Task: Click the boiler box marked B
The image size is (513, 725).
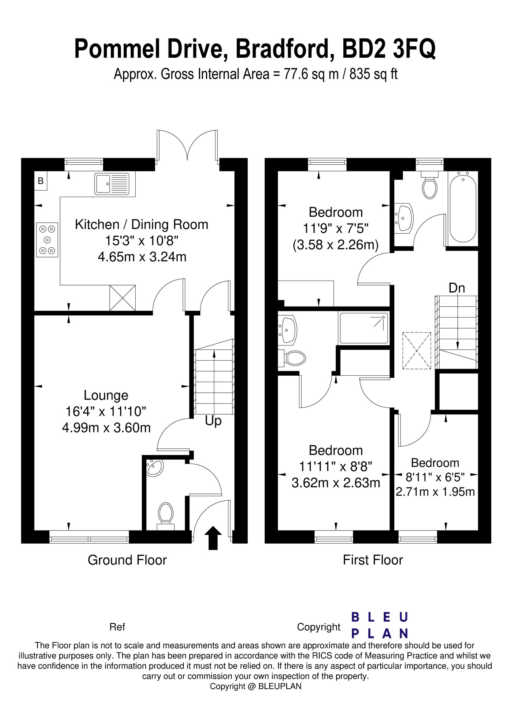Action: pos(41,181)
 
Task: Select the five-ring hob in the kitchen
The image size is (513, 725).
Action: pos(47,240)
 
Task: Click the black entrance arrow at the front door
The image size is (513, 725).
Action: pos(213,538)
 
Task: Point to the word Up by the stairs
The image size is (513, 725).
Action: pos(213,421)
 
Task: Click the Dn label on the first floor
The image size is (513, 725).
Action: pos(457,288)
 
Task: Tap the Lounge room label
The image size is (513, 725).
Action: pos(106,395)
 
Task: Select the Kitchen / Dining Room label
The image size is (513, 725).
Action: pos(142,225)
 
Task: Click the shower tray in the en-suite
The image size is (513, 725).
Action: pos(364,328)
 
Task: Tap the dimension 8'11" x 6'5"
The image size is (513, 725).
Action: pos(435,478)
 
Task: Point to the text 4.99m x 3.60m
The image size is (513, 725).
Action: pos(106,428)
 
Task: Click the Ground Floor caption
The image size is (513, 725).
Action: pos(127,560)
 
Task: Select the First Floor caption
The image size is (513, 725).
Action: pos(373,560)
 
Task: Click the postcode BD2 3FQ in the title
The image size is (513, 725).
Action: pos(389,49)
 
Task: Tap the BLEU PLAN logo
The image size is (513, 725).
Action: pos(380,625)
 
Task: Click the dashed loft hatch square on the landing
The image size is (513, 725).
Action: pos(417,351)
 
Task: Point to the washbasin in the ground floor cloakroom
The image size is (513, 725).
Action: pos(155,467)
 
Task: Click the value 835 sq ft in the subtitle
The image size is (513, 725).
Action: pos(374,74)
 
